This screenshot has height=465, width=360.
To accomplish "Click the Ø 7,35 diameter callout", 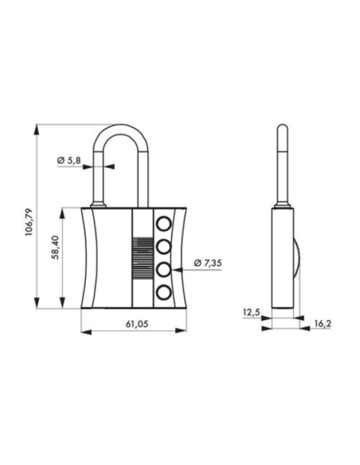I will [x=211, y=264].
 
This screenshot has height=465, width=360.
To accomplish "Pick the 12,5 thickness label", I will [x=249, y=313].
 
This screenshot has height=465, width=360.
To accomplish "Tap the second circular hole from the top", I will [x=164, y=246].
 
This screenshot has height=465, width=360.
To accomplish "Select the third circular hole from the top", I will [x=164, y=269].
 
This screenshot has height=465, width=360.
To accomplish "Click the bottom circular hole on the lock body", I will [x=164, y=293].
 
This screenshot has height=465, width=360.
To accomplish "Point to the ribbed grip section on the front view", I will [x=140, y=257].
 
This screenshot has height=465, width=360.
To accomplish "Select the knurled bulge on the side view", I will [x=296, y=258].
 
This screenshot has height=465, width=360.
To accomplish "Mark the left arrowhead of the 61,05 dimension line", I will [x=84, y=333].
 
